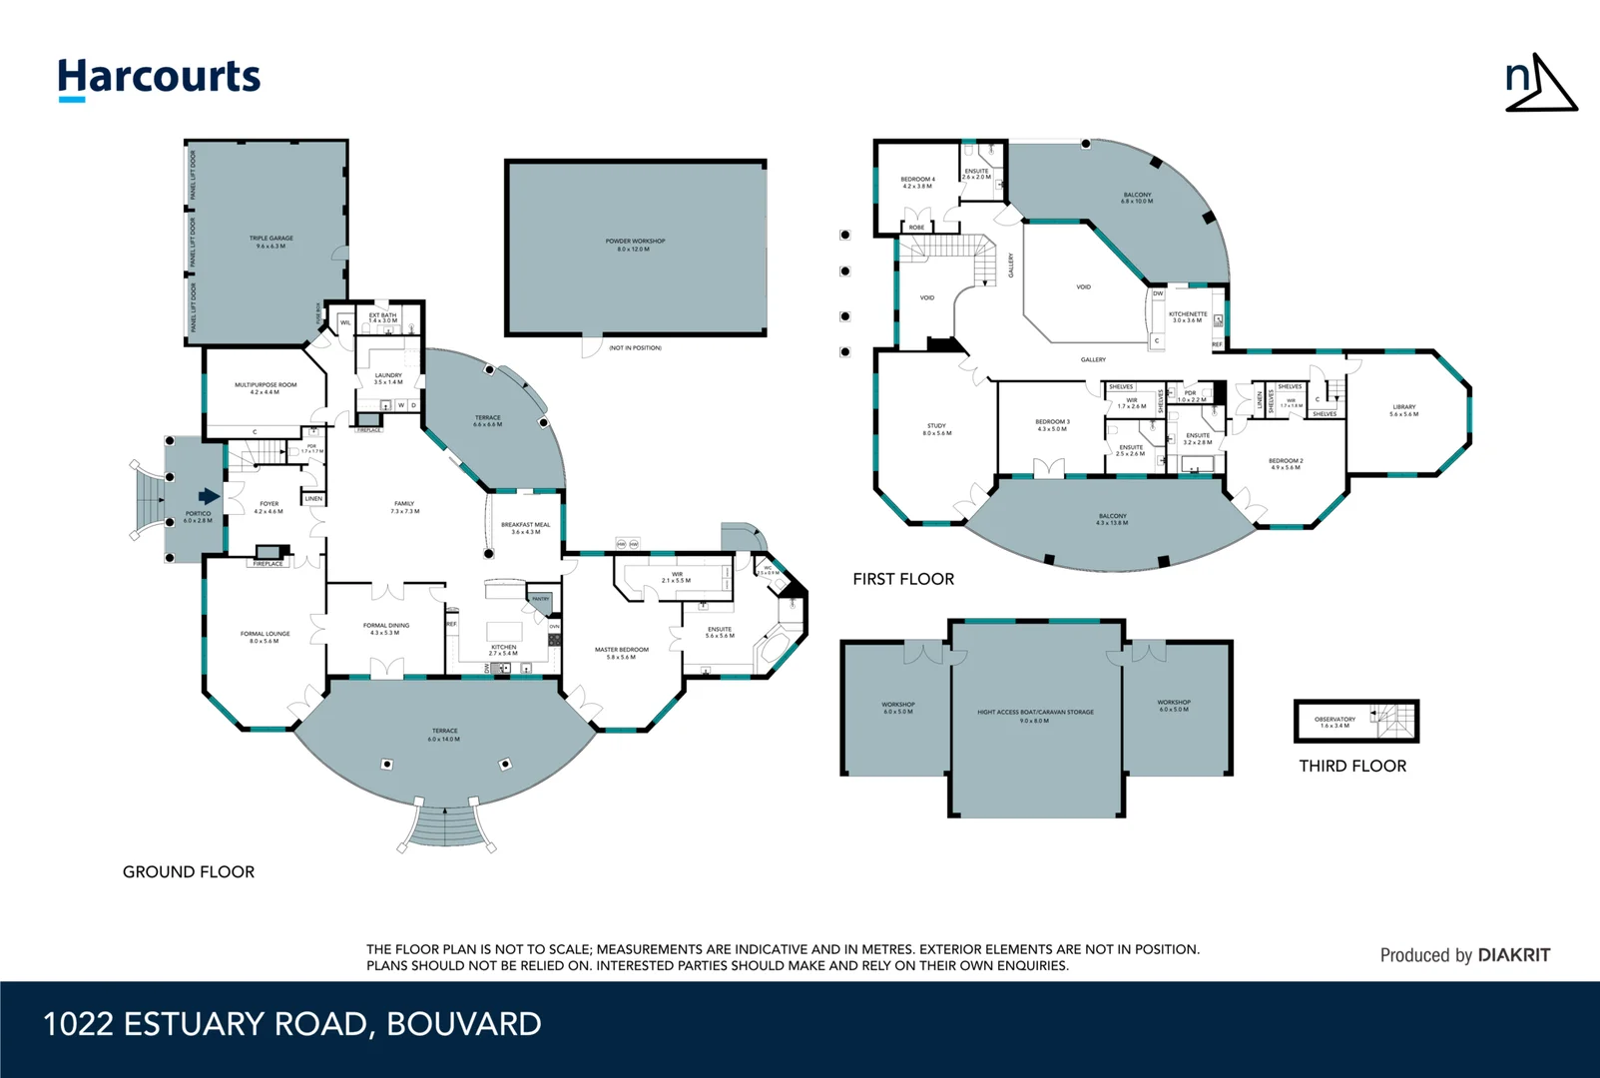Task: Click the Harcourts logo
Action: pyautogui.click(x=159, y=78)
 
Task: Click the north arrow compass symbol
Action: pyautogui.click(x=1540, y=84)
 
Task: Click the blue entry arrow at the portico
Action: pyautogui.click(x=209, y=496)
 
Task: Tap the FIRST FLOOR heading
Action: pyautogui.click(x=903, y=579)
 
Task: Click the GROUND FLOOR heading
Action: pyautogui.click(x=189, y=871)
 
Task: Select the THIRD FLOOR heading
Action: pyautogui.click(x=1352, y=766)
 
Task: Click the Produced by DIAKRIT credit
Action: pyautogui.click(x=1464, y=955)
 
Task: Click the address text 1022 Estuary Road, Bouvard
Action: pyautogui.click(x=292, y=1024)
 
